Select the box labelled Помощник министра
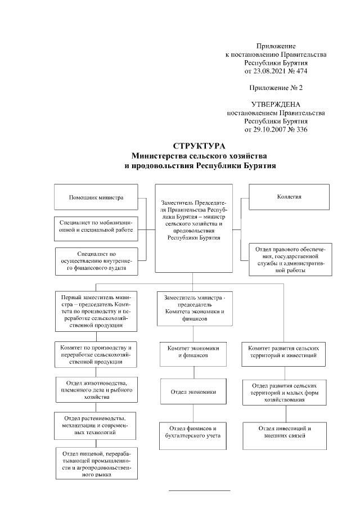click(x=96, y=197)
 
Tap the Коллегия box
click(x=289, y=197)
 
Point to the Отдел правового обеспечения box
click(x=289, y=258)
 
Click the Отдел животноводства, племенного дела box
click(x=96, y=389)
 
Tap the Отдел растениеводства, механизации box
click(x=96, y=425)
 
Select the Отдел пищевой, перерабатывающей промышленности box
click(x=96, y=463)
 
